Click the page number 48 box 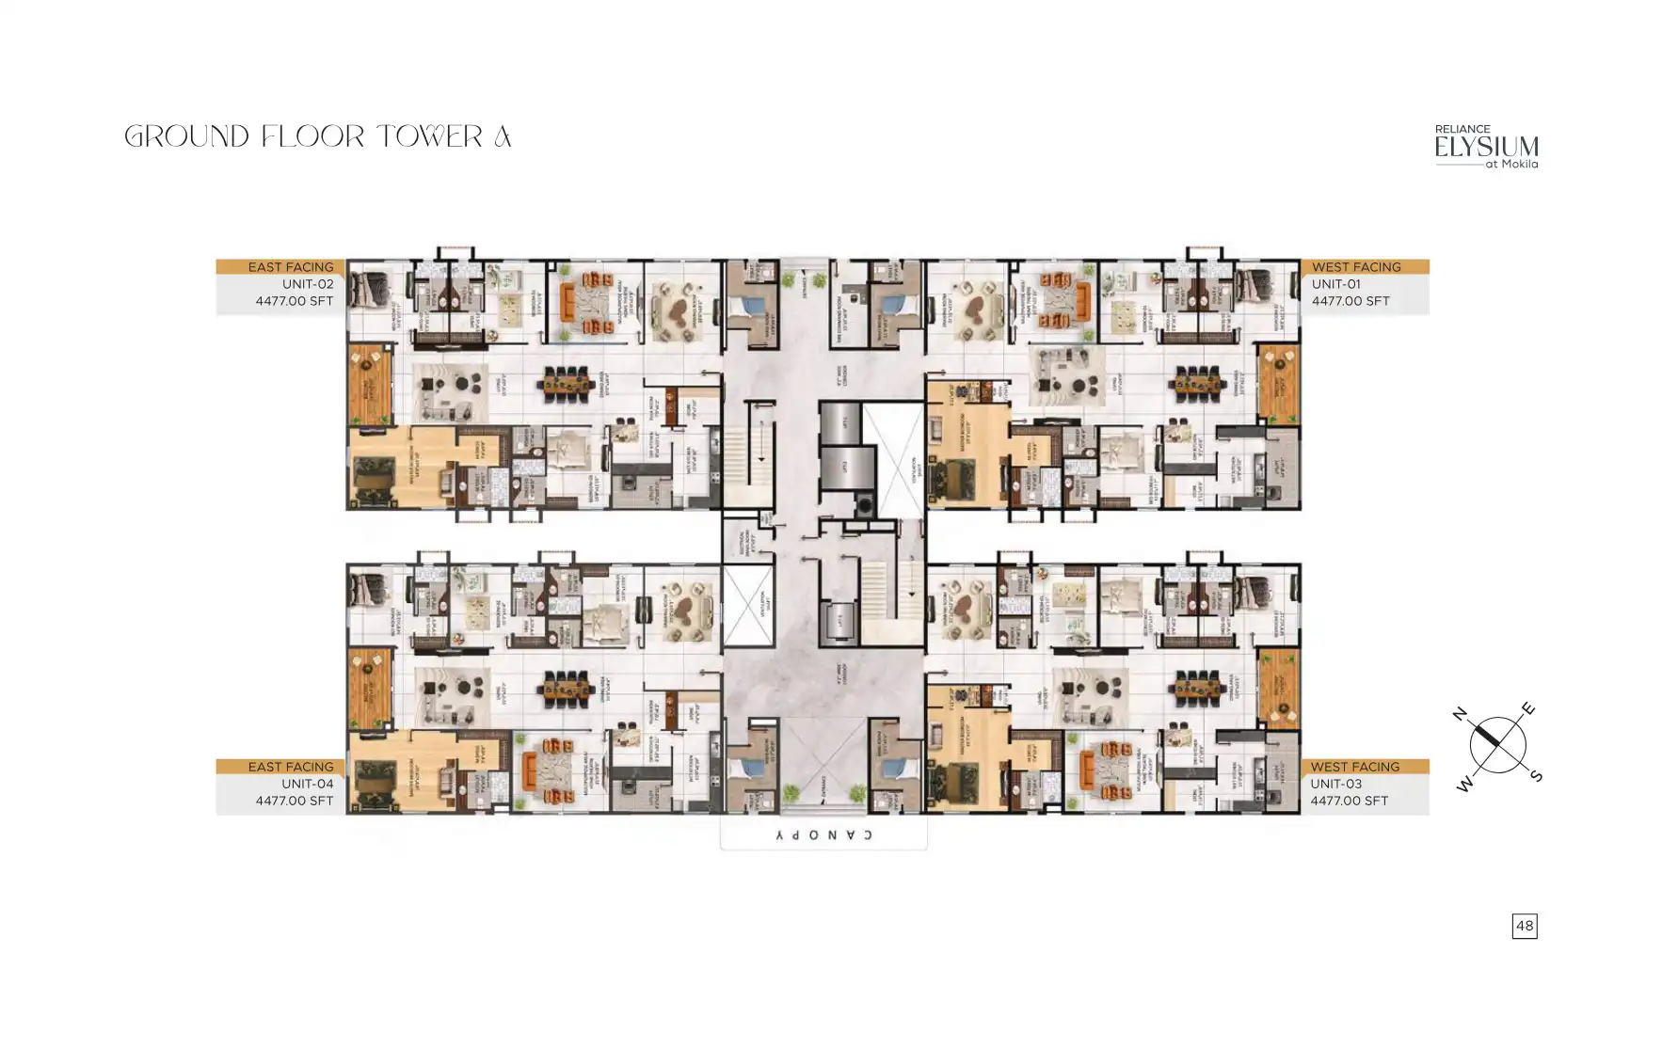coord(1524,926)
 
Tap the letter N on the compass coord(1460,714)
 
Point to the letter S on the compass coord(1536,776)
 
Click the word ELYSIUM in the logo coord(1486,148)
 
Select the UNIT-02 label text coord(308,284)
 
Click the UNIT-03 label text coord(1335,784)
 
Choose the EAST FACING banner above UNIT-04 coord(290,767)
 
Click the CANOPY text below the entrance coord(823,835)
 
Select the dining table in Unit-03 coord(1199,689)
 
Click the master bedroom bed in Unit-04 coord(374,781)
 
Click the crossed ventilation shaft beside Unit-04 coord(749,607)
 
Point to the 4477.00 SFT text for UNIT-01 coord(1350,301)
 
